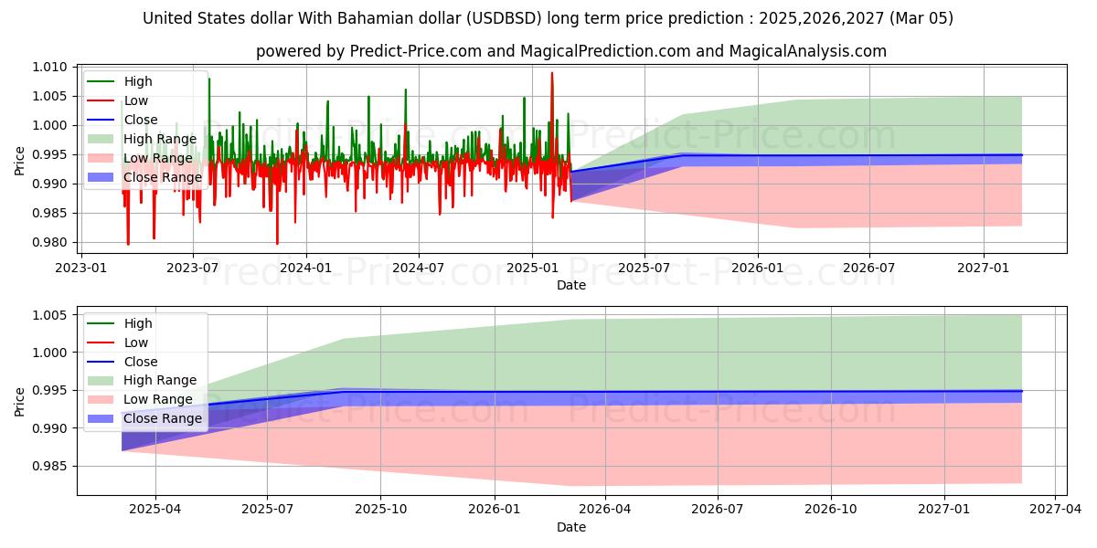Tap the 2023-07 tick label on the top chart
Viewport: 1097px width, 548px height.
(x=192, y=268)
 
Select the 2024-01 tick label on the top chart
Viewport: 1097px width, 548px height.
(x=305, y=268)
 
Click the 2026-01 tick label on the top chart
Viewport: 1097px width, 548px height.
(x=758, y=268)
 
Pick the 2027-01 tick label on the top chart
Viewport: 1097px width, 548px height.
(x=984, y=268)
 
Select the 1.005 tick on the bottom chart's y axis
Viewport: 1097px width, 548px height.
(x=51, y=315)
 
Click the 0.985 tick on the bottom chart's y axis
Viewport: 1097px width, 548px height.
(x=51, y=467)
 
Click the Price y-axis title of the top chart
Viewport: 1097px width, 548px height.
(x=20, y=159)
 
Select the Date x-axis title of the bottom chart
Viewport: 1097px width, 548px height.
(x=571, y=527)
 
